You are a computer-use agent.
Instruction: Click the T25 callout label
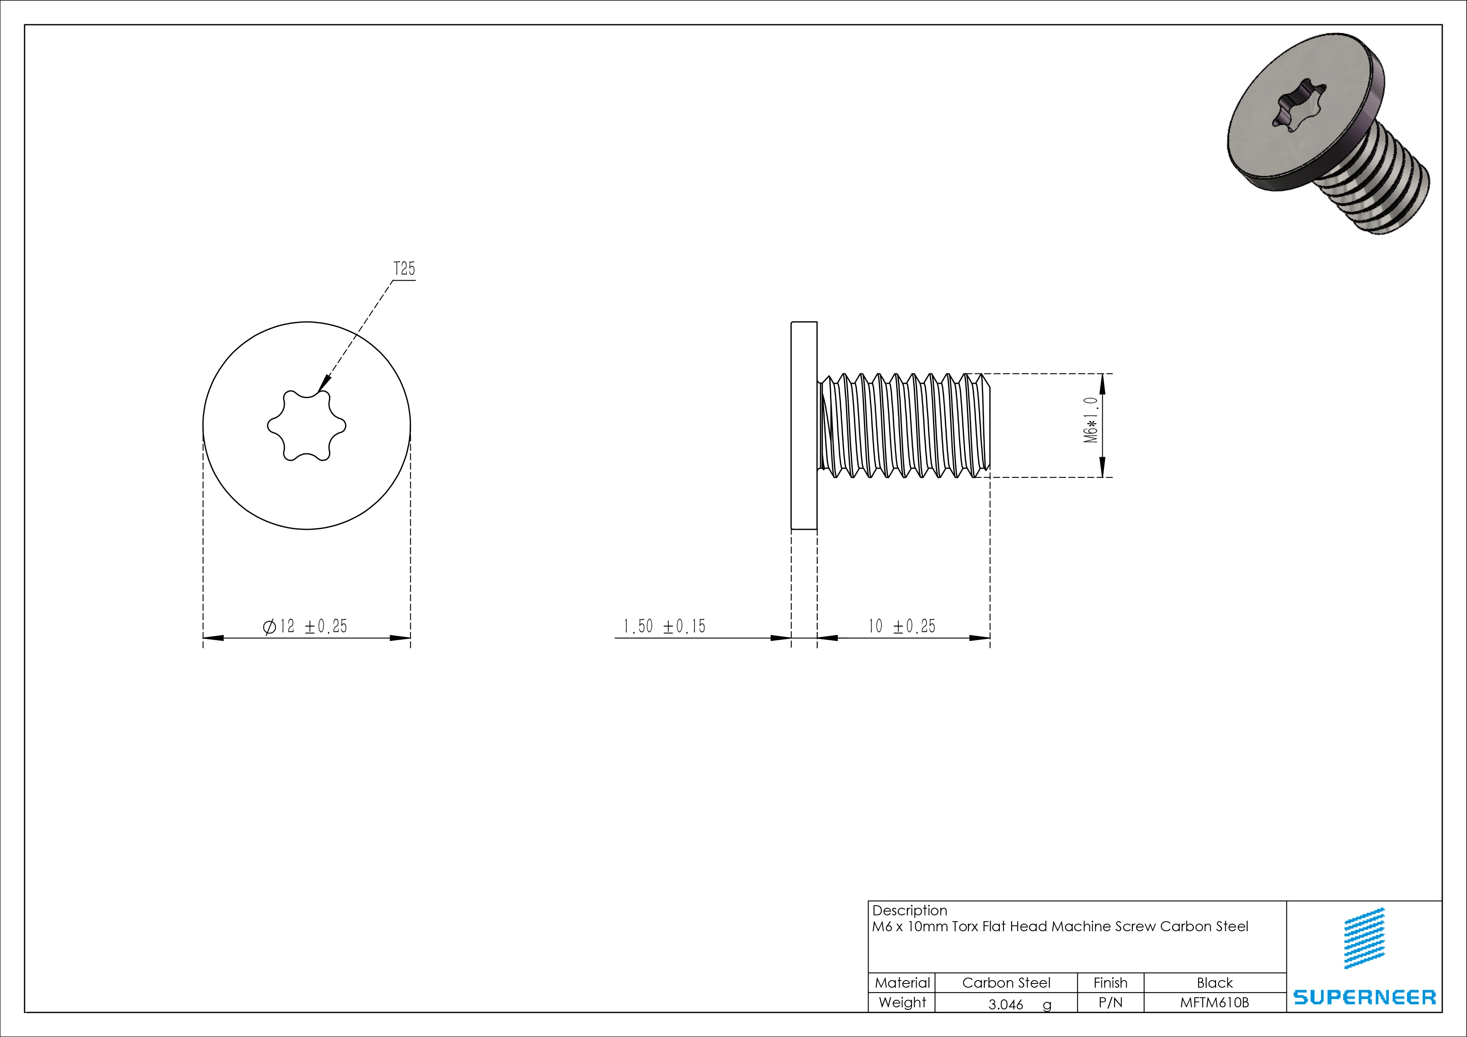(x=404, y=268)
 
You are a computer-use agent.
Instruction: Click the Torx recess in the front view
(x=307, y=426)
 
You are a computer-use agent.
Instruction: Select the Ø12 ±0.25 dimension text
(x=305, y=626)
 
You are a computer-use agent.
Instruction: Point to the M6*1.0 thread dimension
(x=1091, y=420)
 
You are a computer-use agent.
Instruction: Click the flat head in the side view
(x=804, y=426)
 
